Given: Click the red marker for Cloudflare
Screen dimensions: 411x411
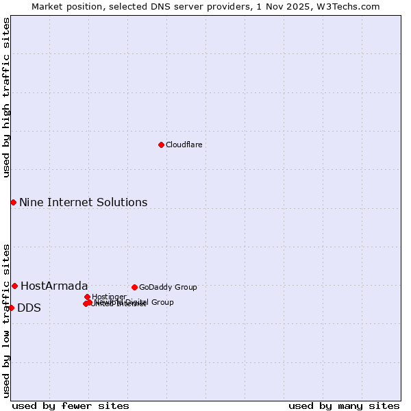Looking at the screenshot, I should point(161,145).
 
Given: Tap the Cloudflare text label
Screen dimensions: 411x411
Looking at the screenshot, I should point(184,145).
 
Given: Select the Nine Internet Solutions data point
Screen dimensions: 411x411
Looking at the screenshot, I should point(13,202).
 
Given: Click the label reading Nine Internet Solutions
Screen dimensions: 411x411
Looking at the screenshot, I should point(83,202).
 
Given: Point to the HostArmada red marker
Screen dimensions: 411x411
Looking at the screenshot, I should point(14,286).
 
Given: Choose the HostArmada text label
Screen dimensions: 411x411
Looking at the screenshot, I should point(54,286).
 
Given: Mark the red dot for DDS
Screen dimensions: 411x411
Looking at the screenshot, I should point(12,308).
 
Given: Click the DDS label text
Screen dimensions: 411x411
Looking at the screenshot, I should point(29,308).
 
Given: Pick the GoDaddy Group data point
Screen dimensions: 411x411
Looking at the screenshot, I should point(134,287).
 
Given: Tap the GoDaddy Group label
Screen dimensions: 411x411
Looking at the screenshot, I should point(168,287).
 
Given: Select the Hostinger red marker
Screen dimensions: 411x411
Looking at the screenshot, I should point(87,297).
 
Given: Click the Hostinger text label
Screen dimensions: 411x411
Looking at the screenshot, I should point(109,297).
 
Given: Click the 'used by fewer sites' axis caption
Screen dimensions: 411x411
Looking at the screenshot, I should point(71,406).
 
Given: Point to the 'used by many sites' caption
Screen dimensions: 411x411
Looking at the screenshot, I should point(344,406).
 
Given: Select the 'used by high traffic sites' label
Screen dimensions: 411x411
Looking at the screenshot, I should point(6,97).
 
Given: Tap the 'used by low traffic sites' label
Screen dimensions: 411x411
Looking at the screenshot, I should point(6,320).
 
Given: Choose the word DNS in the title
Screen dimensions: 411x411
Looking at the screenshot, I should point(153,6).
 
